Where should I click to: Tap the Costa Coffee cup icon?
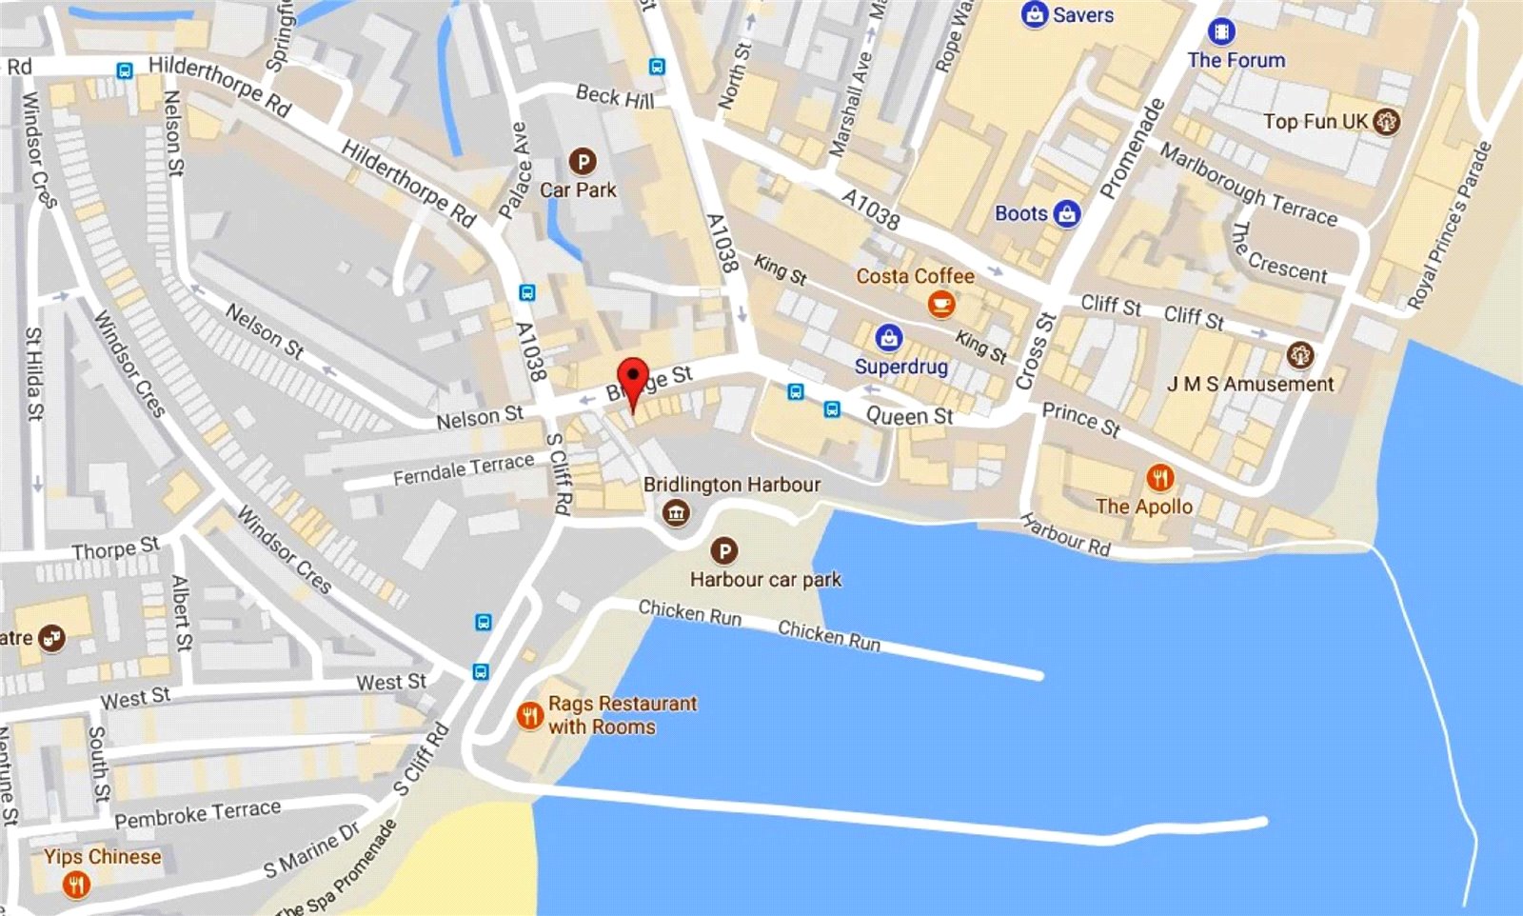pyautogui.click(x=941, y=305)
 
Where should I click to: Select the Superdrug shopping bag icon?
pyautogui.click(x=888, y=337)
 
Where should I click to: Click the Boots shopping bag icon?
pyautogui.click(x=1067, y=214)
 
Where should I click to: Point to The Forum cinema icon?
pyautogui.click(x=1221, y=31)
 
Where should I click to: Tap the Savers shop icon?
pyautogui.click(x=1034, y=15)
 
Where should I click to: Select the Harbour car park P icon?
pyautogui.click(x=723, y=550)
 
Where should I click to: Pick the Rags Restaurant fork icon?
pyautogui.click(x=529, y=715)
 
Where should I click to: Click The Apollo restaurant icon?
pyautogui.click(x=1159, y=477)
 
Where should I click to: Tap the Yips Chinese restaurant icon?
pyautogui.click(x=76, y=886)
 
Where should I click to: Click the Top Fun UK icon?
pyautogui.click(x=1387, y=122)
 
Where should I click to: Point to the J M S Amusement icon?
pyautogui.click(x=1299, y=355)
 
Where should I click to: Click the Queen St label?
pyautogui.click(x=909, y=416)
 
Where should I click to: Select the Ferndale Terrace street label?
pyautogui.click(x=464, y=468)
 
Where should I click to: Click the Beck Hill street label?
pyautogui.click(x=615, y=96)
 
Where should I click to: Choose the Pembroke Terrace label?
pyautogui.click(x=198, y=813)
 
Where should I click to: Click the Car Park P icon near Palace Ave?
pyautogui.click(x=582, y=161)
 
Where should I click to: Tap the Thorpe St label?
pyautogui.click(x=115, y=548)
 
